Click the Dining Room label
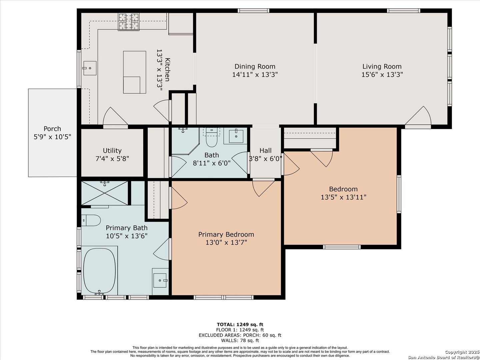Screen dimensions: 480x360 (x=255, y=66)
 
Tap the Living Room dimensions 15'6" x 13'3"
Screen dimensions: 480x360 (x=382, y=75)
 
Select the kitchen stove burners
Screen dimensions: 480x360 (x=129, y=22)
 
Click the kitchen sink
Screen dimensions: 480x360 (x=90, y=68)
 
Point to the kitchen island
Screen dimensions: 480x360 (x=134, y=72)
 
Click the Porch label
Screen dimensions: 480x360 (x=52, y=129)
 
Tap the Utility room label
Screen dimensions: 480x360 (x=112, y=151)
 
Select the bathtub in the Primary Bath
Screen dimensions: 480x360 (x=99, y=271)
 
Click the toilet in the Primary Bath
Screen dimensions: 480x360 (x=91, y=220)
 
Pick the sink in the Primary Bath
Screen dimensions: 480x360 (x=160, y=280)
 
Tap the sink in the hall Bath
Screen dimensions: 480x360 (x=236, y=136)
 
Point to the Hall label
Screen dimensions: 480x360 (x=265, y=151)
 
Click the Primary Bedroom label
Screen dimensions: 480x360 (x=226, y=235)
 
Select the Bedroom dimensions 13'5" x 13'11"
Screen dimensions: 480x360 (x=343, y=197)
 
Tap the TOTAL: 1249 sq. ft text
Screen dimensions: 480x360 (x=240, y=325)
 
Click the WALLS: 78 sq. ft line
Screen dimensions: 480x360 (x=240, y=340)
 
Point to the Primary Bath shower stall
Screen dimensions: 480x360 (x=105, y=193)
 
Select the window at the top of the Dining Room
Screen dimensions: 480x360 (x=253, y=11)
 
